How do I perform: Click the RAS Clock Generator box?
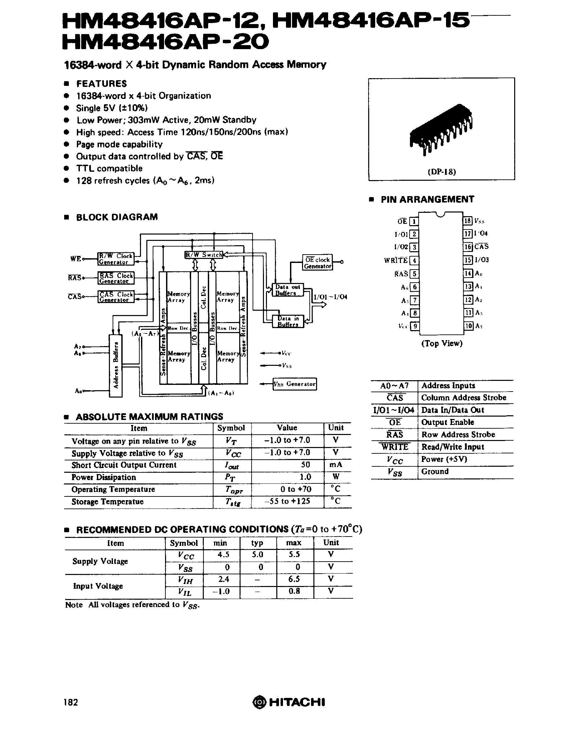click(x=116, y=278)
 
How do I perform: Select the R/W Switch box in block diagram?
click(x=203, y=255)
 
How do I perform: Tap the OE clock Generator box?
click(x=317, y=263)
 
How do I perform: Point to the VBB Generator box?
click(x=295, y=384)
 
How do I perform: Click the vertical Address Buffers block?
click(x=115, y=365)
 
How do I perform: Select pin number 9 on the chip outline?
click(x=414, y=326)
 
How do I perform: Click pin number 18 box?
click(x=467, y=221)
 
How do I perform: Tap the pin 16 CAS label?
click(x=481, y=247)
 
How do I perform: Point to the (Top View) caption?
click(x=442, y=343)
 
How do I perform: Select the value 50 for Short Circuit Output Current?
click(x=305, y=465)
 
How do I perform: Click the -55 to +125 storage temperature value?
click(x=287, y=501)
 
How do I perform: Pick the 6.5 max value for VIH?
click(x=294, y=579)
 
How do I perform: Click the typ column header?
click(x=257, y=543)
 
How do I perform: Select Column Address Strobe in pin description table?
click(x=463, y=398)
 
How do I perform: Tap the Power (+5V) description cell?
click(x=444, y=459)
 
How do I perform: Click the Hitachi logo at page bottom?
click(x=289, y=702)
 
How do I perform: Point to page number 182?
click(x=70, y=702)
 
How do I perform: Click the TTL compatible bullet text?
click(x=109, y=168)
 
